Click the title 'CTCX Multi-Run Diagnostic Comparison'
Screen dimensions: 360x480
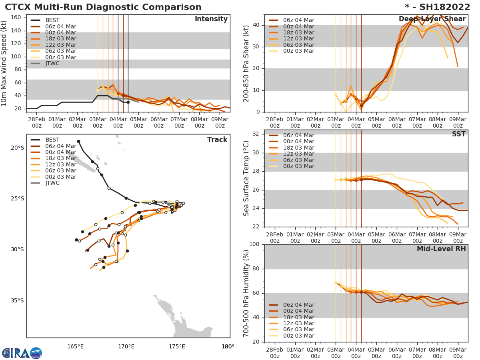pos(103,7)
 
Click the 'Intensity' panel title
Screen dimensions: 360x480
pos(211,19)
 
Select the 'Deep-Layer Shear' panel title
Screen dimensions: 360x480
pos(432,19)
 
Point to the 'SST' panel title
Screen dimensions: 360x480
pos(458,134)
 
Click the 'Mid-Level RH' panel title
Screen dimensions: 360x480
pos(441,249)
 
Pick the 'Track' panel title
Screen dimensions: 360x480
pos(217,140)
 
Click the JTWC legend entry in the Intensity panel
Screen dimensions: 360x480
pos(52,63)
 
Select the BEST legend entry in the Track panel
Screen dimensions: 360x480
pos(52,140)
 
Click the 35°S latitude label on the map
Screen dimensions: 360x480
pos(17,301)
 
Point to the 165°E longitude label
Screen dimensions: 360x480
pos(75,346)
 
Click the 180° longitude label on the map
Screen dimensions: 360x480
pos(228,346)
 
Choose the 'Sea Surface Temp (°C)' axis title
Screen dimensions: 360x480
pos(246,178)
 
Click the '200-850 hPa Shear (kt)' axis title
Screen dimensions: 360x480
pos(246,63)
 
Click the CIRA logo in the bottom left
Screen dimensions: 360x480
pos(22,353)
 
